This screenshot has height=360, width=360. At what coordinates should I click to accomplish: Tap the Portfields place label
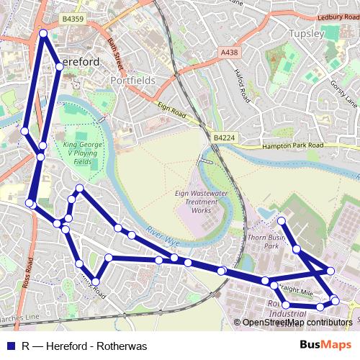(132, 81)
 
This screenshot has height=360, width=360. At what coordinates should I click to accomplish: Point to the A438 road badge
(229, 53)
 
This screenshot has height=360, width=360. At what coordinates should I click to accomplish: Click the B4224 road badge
(224, 136)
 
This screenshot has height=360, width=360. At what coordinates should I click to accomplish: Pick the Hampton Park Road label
(291, 145)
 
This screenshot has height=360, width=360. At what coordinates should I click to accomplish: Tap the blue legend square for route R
(10, 346)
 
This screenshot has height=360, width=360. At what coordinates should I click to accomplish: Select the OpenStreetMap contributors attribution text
(295, 322)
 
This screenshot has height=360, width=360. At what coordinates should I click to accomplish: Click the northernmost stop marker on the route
(43, 33)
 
